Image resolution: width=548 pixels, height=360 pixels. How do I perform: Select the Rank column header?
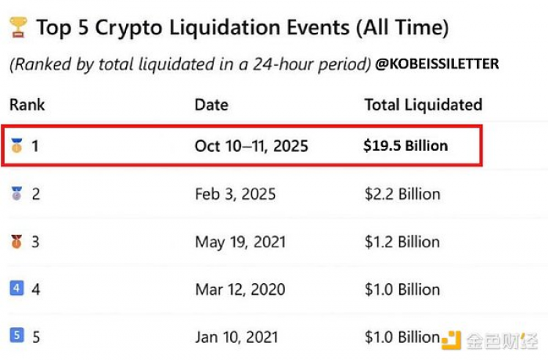27,105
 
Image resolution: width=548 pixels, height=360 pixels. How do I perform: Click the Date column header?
211,105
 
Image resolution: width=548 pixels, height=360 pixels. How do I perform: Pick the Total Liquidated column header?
423,105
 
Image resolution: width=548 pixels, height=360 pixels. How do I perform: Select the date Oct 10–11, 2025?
251,146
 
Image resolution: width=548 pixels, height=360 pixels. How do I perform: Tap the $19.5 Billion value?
406,146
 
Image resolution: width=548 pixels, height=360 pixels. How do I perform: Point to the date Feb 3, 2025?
235,194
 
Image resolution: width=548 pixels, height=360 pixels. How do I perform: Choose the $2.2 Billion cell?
402,194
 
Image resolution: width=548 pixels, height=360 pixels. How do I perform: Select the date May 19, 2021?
240,242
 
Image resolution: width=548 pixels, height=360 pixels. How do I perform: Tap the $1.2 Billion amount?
402,242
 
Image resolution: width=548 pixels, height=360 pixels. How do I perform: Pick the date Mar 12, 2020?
240,290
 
